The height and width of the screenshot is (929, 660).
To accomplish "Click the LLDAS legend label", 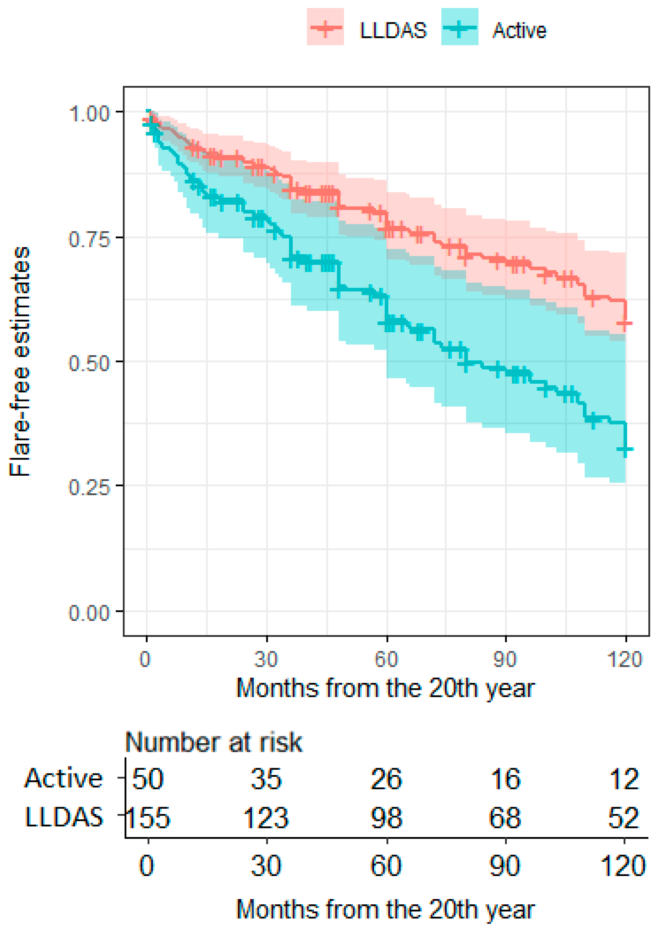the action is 393,30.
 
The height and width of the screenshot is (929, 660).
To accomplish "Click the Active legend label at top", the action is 519,30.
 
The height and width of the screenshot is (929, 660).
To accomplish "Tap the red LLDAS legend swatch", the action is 326,27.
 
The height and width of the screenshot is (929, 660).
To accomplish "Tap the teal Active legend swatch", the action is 460,27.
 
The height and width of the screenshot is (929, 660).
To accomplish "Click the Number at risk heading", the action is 214,742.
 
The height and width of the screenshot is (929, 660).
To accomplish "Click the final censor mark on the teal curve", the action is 625,449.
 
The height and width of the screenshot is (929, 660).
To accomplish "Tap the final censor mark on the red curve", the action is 625,324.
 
